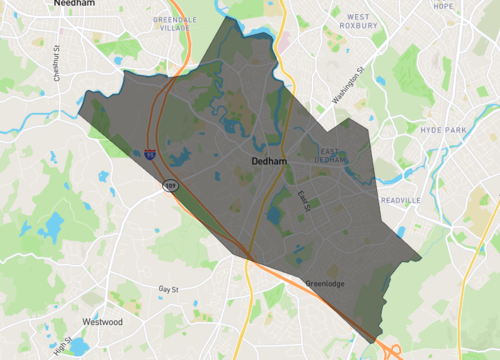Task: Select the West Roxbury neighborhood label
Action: pos(358,22)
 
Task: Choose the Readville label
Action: pos(429,200)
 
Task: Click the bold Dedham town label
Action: pos(268,160)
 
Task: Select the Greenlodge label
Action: pos(324,283)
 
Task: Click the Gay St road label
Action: pos(169,288)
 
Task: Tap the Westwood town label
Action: pos(102,322)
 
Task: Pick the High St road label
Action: pos(62,347)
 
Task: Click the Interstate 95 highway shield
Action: pos(148,154)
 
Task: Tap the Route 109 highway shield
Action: pos(172,185)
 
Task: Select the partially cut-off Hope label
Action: pos(443,6)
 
